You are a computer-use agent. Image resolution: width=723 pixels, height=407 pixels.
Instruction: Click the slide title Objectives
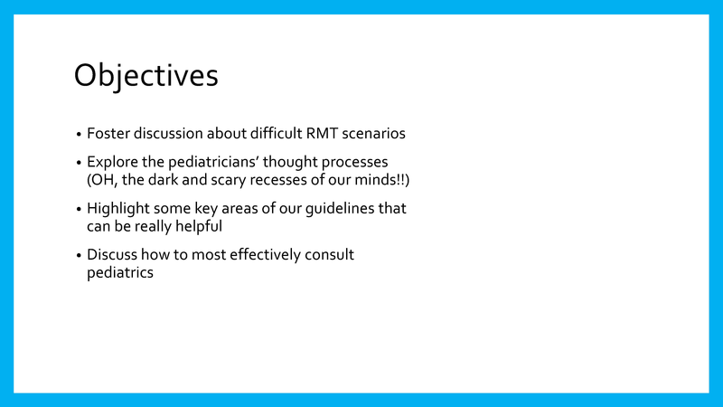pos(146,76)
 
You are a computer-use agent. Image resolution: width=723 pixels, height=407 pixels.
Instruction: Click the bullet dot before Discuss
pos(79,256)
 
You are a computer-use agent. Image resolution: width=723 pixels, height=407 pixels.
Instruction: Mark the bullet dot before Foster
pos(79,134)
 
